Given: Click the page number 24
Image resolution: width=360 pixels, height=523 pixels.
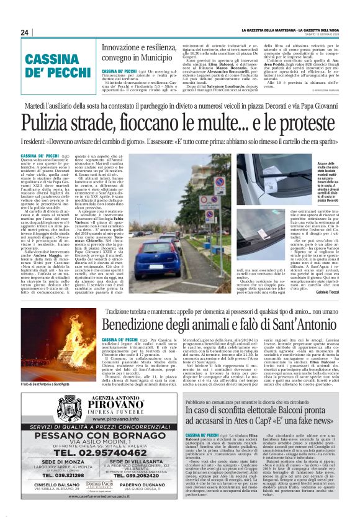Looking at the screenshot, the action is pyautogui.click(x=24, y=32).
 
